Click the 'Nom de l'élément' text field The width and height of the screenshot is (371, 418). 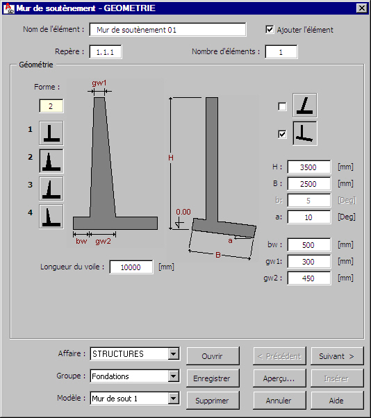167,30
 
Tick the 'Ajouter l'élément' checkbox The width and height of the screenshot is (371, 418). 270,29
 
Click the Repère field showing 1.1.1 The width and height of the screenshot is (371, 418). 106,51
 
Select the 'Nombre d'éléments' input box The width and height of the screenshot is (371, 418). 281,51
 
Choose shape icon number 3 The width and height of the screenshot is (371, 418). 51,188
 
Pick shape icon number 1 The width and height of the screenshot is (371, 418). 51,133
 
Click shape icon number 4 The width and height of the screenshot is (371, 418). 51,216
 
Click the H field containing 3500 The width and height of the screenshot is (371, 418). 309,167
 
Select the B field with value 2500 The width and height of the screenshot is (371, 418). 309,184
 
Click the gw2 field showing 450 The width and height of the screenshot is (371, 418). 309,278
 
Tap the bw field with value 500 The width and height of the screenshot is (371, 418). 309,244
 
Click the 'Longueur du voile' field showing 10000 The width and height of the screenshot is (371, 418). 131,267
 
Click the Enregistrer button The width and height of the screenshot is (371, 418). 213,378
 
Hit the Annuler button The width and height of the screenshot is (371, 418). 279,401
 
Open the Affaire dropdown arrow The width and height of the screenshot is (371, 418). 174,354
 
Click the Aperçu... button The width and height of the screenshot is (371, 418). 279,378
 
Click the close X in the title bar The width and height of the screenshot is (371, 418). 362,8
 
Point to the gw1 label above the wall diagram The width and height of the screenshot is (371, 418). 99,83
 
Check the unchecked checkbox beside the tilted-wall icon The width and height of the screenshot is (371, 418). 282,107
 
